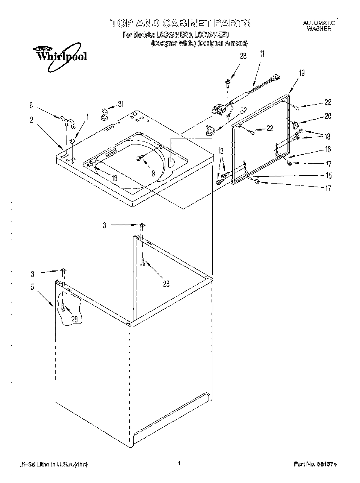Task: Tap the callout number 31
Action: point(120,104)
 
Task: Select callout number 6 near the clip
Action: point(31,106)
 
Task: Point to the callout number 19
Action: point(301,73)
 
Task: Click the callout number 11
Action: point(262,54)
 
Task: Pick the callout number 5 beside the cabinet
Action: point(32,287)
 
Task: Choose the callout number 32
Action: point(243,110)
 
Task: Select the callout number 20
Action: point(328,116)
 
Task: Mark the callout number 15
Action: point(328,175)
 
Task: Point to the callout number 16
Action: point(328,150)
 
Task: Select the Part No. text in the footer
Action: point(315,465)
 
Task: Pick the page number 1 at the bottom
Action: point(180,463)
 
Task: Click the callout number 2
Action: point(32,120)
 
